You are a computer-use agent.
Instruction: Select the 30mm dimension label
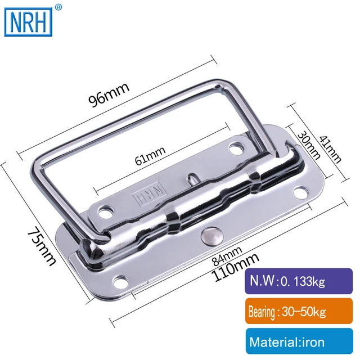(304, 145)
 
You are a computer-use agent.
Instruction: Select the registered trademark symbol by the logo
(58, 7)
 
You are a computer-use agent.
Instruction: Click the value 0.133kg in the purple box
(308, 280)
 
